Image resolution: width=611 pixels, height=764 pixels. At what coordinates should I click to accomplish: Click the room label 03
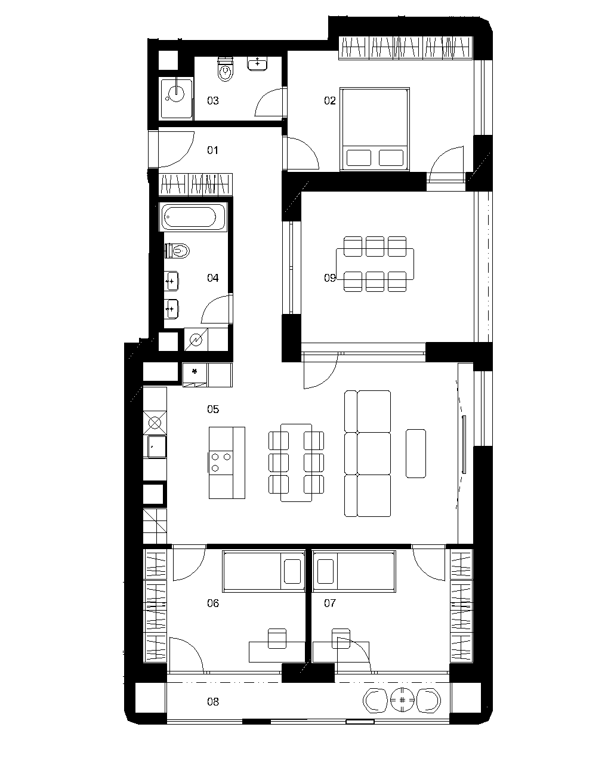212,101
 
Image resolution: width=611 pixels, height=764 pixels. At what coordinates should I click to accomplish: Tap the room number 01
212,150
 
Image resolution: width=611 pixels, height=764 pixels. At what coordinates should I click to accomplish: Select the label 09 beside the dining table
329,278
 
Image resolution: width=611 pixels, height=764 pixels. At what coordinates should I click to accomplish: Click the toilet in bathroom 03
226,69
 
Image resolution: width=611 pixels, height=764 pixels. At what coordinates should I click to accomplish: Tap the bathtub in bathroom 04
193,217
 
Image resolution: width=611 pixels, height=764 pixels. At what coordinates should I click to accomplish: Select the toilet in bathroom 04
177,251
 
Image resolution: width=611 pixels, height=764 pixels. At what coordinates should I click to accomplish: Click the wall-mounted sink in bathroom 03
257,63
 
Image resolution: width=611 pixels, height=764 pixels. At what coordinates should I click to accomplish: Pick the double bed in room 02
375,129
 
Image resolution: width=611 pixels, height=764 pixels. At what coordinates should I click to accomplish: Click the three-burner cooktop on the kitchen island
220,462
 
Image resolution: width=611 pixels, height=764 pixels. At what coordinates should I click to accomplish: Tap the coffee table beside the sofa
416,454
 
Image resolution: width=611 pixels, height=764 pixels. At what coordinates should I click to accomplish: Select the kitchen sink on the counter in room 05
156,446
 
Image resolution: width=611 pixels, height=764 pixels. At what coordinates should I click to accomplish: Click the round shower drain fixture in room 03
176,93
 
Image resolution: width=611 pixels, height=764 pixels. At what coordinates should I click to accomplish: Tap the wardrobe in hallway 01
195,184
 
